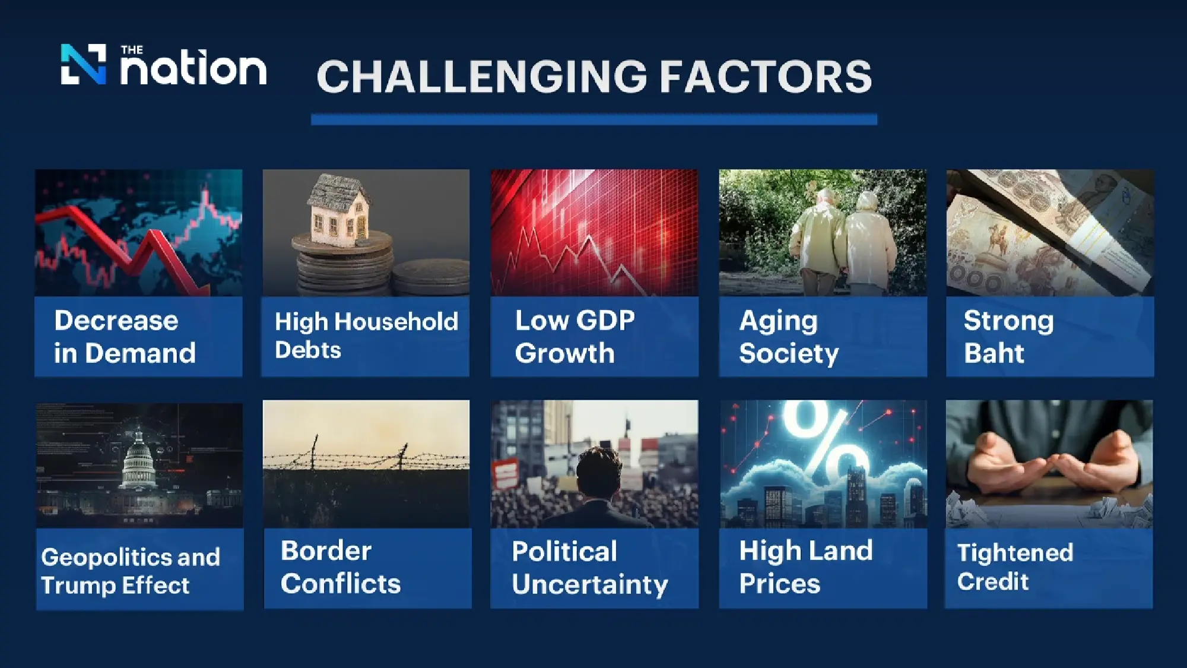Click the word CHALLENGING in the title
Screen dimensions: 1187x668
coord(482,77)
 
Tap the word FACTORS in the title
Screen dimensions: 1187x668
coord(766,77)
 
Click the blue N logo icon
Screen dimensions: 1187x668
coord(84,64)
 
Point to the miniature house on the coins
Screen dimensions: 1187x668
coord(339,209)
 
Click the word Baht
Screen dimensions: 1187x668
coord(994,353)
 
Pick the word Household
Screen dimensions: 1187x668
coord(396,322)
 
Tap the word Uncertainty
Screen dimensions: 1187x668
coord(590,585)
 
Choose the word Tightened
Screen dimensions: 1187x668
coord(1015,553)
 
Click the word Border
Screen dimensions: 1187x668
coord(326,551)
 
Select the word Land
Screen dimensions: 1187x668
coord(839,550)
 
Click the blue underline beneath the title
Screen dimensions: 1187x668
coord(594,119)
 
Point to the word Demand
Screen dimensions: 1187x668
coord(140,353)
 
